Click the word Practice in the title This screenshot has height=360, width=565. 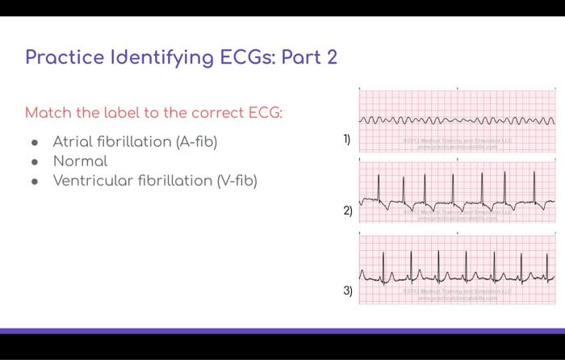64,57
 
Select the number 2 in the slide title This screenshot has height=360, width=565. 331,57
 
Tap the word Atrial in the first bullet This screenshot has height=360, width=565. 71,142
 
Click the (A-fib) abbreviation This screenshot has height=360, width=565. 196,142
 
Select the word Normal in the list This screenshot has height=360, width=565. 80,161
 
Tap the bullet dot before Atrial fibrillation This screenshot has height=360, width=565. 35,143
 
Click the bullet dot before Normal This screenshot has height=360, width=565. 35,162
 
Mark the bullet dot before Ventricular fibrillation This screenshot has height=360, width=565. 35,181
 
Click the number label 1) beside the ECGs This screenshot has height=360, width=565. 347,140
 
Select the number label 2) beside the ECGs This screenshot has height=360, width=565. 347,211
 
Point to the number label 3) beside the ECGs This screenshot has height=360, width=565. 347,290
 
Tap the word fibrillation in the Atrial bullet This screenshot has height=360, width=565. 132,142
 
